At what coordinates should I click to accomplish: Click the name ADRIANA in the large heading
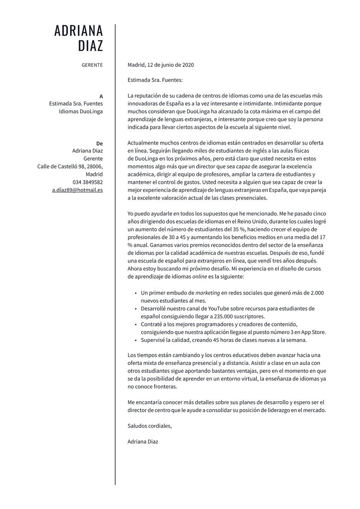click(79, 31)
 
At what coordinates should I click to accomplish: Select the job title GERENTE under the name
click(92, 65)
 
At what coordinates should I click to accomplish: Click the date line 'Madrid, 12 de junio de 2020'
click(161, 65)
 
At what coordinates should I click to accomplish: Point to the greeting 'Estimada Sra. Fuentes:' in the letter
click(155, 79)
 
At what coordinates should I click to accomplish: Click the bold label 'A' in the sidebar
click(101, 96)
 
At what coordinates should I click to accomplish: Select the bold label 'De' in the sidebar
click(100, 143)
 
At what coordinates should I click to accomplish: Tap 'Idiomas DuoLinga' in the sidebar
click(81, 112)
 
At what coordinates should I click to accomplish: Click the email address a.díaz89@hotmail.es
click(77, 190)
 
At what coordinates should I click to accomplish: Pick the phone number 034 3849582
click(87, 182)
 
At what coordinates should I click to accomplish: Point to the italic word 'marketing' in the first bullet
click(207, 293)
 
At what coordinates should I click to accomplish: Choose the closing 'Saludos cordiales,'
click(150, 426)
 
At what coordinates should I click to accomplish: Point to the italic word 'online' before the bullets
click(200, 276)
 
